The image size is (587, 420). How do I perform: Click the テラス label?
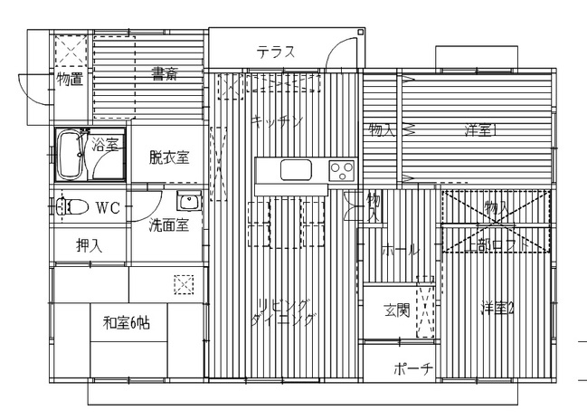(x=276, y=52)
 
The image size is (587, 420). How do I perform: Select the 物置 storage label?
(x=70, y=79)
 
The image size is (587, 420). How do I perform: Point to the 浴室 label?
(x=105, y=144)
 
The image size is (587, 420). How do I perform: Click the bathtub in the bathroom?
(x=70, y=157)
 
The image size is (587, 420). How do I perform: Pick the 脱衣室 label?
(x=169, y=157)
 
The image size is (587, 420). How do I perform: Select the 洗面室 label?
(x=169, y=225)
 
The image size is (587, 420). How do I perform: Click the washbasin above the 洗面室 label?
(x=188, y=202)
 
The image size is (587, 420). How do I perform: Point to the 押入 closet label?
(x=89, y=244)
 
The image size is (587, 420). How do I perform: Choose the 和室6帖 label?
(x=127, y=321)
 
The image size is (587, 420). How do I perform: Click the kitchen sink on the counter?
(x=295, y=169)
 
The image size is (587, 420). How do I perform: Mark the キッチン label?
(x=278, y=119)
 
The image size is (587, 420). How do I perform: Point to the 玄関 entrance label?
(x=396, y=310)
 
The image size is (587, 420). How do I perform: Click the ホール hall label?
(x=400, y=249)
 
